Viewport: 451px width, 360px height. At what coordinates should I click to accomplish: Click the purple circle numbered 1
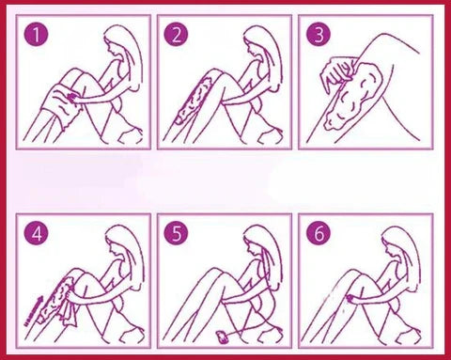tap(37, 34)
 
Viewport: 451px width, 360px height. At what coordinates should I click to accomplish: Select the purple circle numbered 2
tap(177, 34)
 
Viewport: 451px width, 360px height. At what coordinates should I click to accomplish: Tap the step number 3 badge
tap(319, 34)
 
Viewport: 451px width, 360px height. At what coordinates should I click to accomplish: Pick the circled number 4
tap(37, 233)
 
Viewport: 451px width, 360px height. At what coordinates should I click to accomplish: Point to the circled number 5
tap(177, 233)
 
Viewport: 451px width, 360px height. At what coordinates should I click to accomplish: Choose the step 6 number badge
tap(319, 233)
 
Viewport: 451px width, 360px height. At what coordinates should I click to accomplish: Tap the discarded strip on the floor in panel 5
tap(223, 337)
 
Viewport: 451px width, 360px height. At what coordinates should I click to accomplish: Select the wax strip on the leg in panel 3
tap(356, 97)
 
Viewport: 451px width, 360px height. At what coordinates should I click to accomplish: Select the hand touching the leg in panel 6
tap(352, 298)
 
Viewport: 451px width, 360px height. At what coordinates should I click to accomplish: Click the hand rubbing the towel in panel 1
tap(73, 96)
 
